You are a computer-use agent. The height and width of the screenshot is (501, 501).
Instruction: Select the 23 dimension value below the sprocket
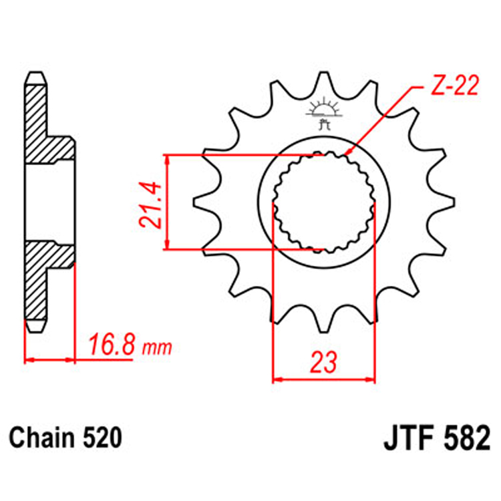point(323,362)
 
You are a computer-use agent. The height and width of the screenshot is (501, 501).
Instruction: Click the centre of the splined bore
point(324,202)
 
